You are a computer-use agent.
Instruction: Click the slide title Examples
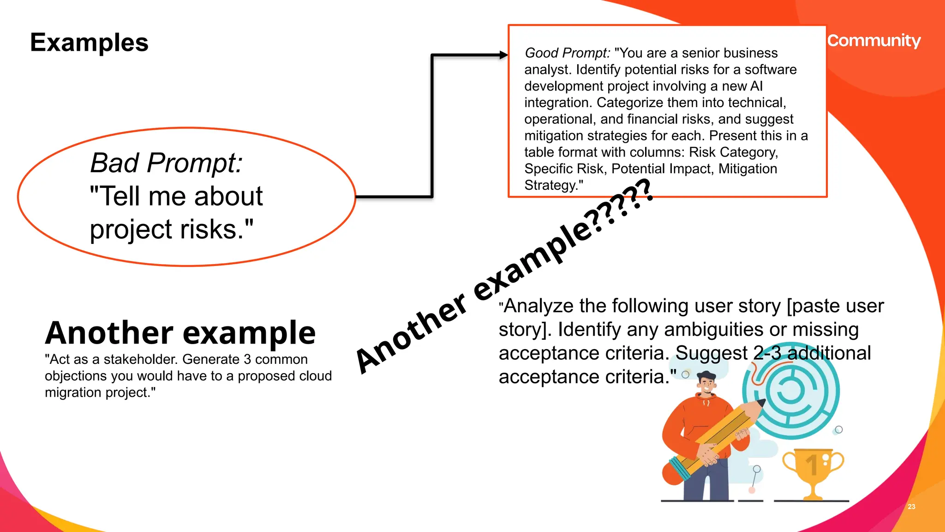pos(89,42)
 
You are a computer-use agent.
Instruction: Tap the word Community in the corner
pos(873,41)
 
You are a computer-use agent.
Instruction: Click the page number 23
pos(911,507)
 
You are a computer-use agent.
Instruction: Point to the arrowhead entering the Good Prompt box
pos(503,55)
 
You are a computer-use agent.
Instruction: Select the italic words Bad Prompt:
pos(166,163)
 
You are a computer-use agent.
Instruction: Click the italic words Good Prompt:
pos(567,53)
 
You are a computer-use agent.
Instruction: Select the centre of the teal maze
pos(790,390)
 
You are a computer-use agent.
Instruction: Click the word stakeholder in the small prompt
pos(140,359)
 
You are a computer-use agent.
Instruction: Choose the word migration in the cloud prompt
pos(73,393)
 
